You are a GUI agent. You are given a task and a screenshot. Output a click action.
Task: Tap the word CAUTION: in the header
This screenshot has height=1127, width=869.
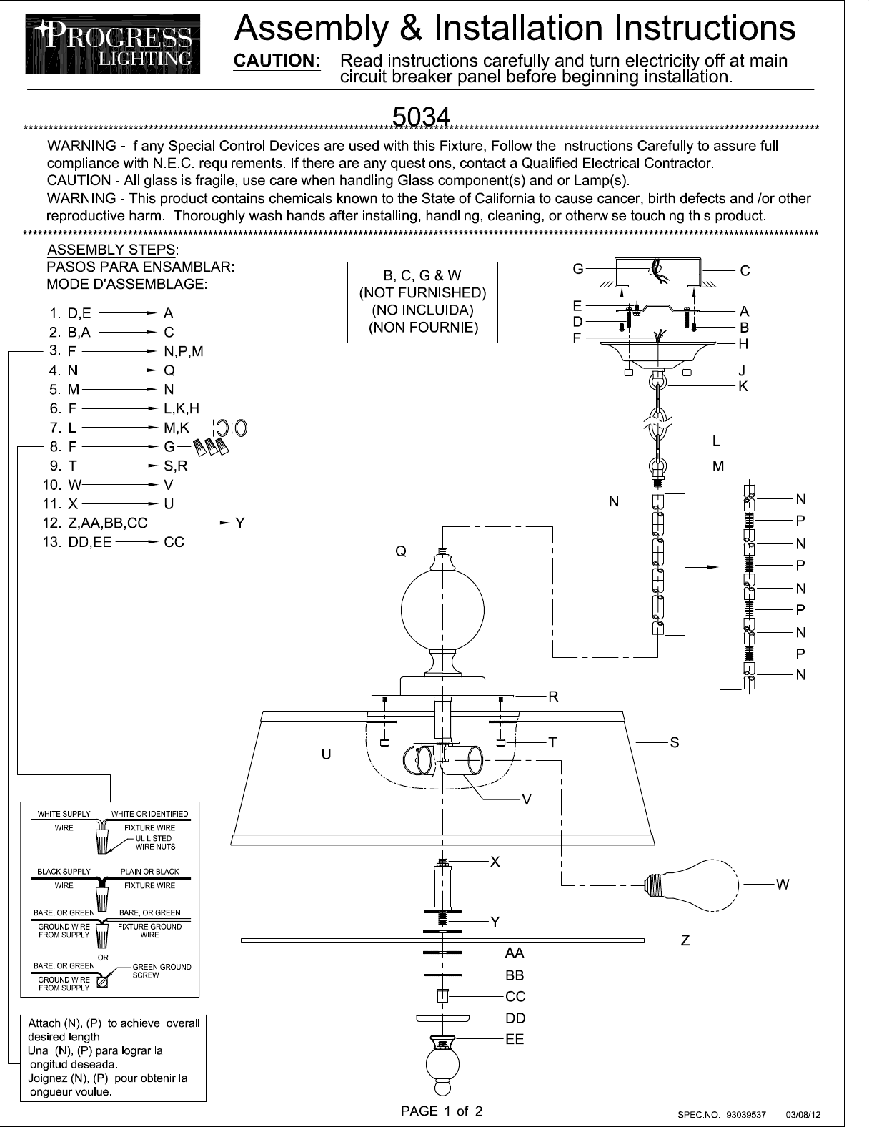[277, 61]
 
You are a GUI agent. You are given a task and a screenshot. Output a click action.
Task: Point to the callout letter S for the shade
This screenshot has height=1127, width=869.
[675, 743]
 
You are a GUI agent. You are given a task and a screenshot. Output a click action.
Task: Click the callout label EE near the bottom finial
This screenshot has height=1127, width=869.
[515, 1039]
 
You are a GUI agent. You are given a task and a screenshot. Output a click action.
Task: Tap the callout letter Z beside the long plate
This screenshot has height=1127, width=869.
[685, 941]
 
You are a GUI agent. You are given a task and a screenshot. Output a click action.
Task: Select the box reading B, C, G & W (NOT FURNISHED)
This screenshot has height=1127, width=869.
[422, 302]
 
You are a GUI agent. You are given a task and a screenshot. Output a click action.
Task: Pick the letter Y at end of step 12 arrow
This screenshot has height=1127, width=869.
[240, 523]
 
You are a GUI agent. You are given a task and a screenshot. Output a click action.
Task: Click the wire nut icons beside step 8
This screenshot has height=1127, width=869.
[212, 448]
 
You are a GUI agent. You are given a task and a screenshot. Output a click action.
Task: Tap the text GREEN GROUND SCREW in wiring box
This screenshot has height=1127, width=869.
[162, 971]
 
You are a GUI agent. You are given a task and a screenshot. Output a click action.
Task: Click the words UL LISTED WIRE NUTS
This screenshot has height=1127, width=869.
[154, 842]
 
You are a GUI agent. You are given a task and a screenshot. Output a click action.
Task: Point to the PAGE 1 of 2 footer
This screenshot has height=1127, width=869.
[442, 1111]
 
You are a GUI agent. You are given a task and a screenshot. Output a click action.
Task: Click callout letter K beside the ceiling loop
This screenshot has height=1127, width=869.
[743, 386]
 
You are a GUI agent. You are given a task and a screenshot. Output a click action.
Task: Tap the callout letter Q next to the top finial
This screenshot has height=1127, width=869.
[401, 551]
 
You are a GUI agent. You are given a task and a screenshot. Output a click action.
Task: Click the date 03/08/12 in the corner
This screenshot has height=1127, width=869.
[803, 1114]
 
